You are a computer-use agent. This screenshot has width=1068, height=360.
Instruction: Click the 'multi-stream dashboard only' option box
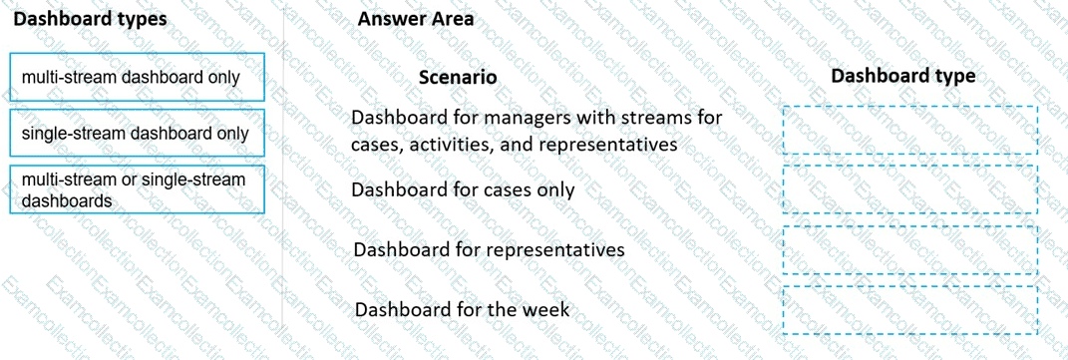[137, 77]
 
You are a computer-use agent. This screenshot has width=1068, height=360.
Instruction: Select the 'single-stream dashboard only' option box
[137, 134]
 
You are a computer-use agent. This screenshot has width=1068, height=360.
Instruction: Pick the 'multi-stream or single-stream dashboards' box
[137, 189]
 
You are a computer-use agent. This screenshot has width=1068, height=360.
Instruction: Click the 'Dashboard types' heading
[90, 19]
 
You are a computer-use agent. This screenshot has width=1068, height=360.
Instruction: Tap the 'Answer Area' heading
[416, 19]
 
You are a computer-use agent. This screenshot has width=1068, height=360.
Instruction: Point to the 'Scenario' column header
[458, 78]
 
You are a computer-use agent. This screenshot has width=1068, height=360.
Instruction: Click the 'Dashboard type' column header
[903, 76]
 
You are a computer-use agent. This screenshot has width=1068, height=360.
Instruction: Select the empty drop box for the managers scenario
[910, 130]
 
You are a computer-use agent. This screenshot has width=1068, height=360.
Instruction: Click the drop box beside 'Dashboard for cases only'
[910, 189]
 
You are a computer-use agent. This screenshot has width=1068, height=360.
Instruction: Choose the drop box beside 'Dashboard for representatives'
[910, 249]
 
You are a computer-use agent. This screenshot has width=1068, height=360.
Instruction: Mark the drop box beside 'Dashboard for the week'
[910, 310]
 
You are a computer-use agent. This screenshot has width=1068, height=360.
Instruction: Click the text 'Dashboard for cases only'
[463, 189]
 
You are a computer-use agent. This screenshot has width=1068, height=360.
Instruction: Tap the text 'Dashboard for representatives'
[489, 249]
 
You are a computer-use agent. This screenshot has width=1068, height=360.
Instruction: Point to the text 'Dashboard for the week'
[462, 310]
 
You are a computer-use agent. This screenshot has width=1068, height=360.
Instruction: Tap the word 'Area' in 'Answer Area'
[450, 19]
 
